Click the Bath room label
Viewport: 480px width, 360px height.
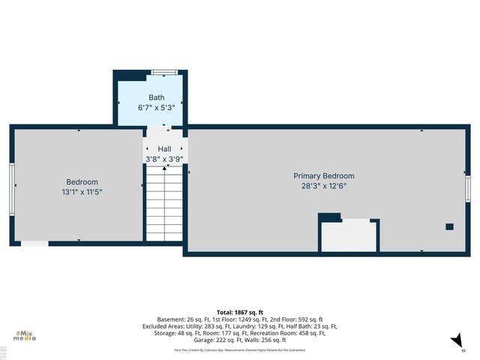pyautogui.click(x=157, y=97)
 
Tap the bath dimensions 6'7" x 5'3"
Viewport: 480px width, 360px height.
pyautogui.click(x=157, y=108)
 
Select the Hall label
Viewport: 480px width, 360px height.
pyautogui.click(x=164, y=149)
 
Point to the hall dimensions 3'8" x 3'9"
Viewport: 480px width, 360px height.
pyautogui.click(x=164, y=159)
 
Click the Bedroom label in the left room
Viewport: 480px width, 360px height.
pyautogui.click(x=82, y=182)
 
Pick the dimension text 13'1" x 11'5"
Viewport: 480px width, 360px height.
pyautogui.click(x=82, y=192)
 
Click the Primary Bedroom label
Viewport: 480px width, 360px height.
pyautogui.click(x=323, y=175)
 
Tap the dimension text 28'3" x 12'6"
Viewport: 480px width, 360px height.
pyautogui.click(x=323, y=186)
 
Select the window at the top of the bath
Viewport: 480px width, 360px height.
pyautogui.click(x=164, y=72)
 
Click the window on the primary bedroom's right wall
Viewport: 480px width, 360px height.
pyautogui.click(x=467, y=190)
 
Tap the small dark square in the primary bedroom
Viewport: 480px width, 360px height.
pyautogui.click(x=449, y=226)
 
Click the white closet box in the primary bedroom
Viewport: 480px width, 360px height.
pyautogui.click(x=349, y=236)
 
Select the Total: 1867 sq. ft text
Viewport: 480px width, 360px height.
pyautogui.click(x=239, y=312)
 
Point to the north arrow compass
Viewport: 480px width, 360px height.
pyautogui.click(x=456, y=342)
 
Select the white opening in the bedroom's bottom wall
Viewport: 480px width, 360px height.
pyautogui.click(x=34, y=244)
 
